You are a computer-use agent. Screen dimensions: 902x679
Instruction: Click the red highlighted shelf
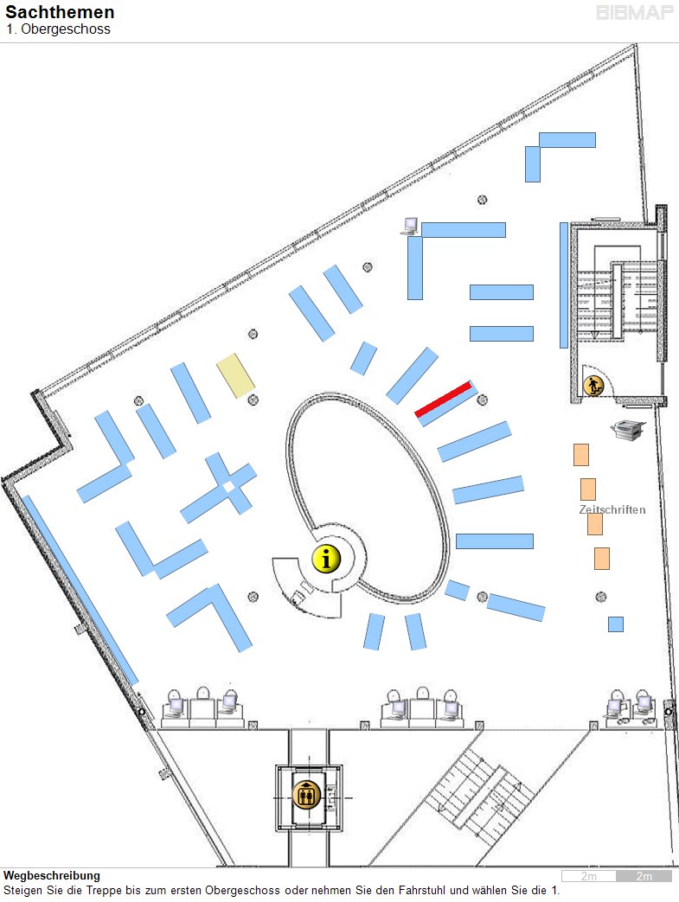(444, 399)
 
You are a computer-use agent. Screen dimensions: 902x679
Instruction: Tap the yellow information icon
(326, 559)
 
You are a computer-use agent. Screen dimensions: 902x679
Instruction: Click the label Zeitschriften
(612, 510)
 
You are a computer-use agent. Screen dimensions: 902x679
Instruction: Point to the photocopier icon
(628, 430)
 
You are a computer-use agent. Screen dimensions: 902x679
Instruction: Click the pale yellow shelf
(236, 376)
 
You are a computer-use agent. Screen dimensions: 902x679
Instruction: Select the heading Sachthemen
(60, 13)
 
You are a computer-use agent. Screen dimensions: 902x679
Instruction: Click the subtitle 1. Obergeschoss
(58, 29)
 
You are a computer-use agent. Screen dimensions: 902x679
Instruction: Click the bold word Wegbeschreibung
(52, 876)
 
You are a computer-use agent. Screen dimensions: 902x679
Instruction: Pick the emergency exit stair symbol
(593, 385)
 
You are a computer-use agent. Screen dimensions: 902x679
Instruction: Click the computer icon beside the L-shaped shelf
(409, 227)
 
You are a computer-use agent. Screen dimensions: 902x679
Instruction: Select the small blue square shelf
(616, 624)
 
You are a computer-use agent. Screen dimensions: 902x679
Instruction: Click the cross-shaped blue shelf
(220, 489)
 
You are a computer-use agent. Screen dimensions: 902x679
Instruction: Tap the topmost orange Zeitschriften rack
(581, 455)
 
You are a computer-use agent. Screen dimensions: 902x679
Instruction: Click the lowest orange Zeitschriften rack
(601, 558)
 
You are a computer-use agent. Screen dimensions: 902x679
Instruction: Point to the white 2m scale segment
(589, 877)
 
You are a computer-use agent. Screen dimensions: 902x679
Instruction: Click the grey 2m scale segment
(644, 877)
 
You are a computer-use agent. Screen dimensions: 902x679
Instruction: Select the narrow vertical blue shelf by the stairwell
(564, 285)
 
